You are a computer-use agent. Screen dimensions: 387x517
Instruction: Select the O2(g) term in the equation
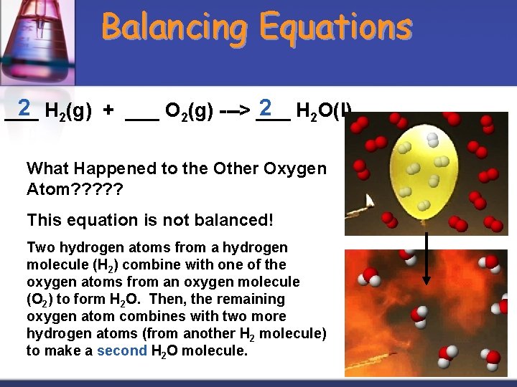click(x=189, y=112)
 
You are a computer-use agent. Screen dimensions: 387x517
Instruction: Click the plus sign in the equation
click(x=108, y=112)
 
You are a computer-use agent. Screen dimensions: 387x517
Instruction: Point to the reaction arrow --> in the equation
click(x=234, y=112)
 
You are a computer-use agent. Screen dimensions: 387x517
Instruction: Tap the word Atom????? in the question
click(x=75, y=191)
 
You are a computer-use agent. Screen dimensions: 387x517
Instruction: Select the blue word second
click(x=121, y=350)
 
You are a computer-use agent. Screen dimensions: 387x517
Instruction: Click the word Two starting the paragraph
click(x=39, y=247)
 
